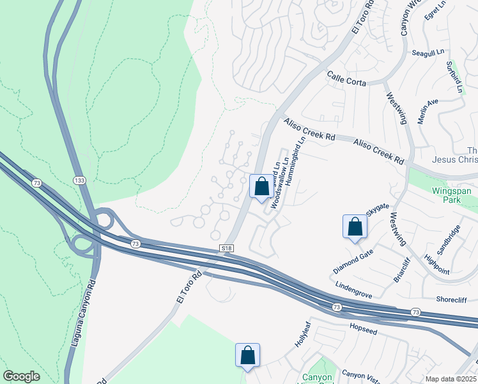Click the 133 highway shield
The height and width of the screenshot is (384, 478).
[x=79, y=180]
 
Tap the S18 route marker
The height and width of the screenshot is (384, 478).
[x=226, y=248]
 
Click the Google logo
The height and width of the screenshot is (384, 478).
[x=21, y=376]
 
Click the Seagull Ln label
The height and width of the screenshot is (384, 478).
[x=428, y=52]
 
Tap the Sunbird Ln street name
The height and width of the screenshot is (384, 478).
[x=454, y=77]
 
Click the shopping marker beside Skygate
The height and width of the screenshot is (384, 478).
[x=355, y=227]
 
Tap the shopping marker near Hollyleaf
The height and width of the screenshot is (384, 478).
[x=247, y=356]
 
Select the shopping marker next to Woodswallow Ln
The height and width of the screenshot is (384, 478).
[x=261, y=187]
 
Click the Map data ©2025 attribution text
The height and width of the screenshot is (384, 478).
[x=451, y=379]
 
